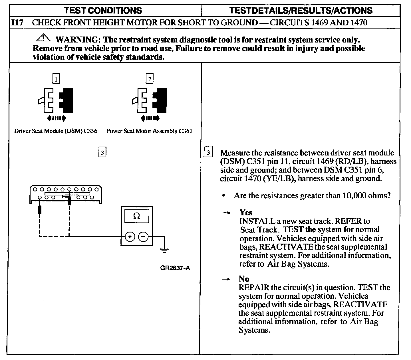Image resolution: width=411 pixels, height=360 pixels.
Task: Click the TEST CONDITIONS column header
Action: [x=103, y=11]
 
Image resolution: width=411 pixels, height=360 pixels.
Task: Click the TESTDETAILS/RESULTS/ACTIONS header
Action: [x=301, y=11]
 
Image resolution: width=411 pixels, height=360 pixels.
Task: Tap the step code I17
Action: [x=17, y=23]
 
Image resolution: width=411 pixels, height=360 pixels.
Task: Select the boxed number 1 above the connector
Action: [x=57, y=79]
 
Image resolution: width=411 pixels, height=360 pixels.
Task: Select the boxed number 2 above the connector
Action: [x=150, y=78]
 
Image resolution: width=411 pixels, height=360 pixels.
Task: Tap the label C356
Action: [x=91, y=131]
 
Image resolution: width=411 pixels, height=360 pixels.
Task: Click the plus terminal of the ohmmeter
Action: [x=130, y=237]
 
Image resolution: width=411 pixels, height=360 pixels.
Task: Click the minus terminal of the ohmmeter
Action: [x=144, y=237]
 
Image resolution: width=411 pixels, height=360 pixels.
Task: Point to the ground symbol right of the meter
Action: [x=164, y=250]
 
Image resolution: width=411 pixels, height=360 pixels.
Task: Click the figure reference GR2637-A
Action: [x=175, y=268]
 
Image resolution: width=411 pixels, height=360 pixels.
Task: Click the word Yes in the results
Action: [x=246, y=213]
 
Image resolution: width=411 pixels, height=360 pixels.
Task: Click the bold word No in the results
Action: [x=244, y=279]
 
